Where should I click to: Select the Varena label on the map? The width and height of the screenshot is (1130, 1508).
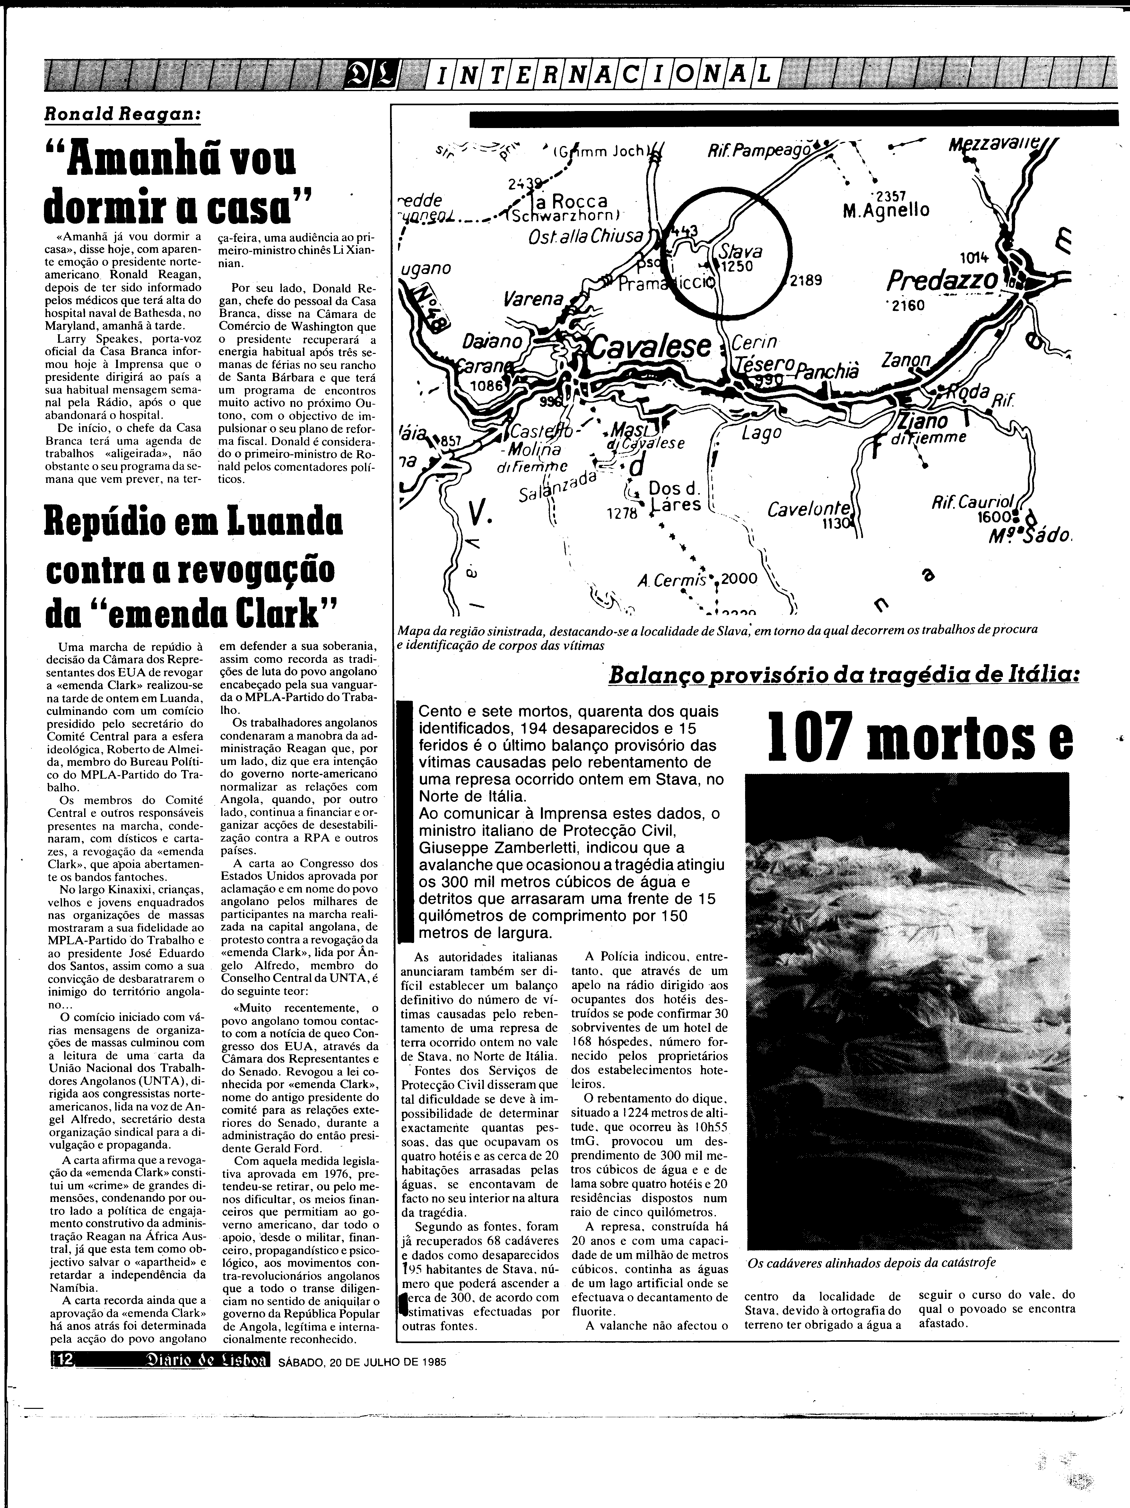tap(534, 299)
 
